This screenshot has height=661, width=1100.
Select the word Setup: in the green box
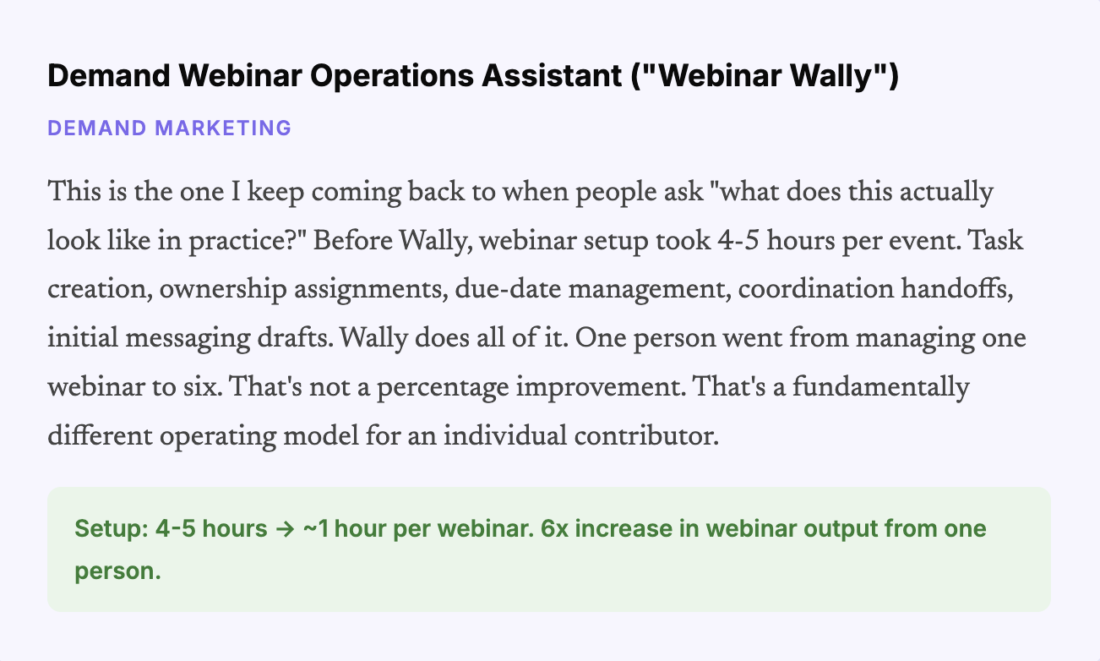[110, 530]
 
